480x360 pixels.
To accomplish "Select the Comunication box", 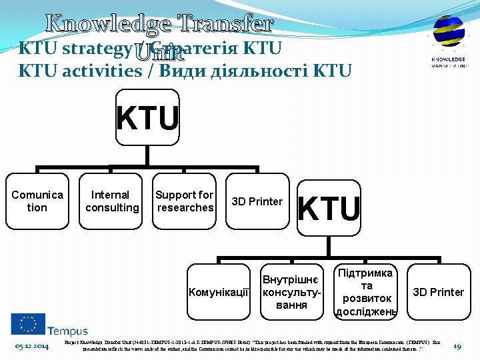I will tap(37, 201).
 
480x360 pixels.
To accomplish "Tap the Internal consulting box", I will tap(111, 201).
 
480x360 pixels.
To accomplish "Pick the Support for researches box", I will tap(184, 201).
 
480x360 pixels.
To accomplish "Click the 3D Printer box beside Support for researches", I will tap(257, 201).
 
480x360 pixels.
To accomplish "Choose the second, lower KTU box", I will tap(329, 208).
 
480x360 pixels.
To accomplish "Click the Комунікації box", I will tap(219, 292).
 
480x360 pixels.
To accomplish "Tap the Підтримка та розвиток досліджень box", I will tap(366, 292).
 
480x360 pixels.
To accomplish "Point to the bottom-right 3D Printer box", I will tap(438, 292).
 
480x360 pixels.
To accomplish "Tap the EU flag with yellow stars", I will tap(27, 324).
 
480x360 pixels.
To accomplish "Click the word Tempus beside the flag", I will tap(67, 331).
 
